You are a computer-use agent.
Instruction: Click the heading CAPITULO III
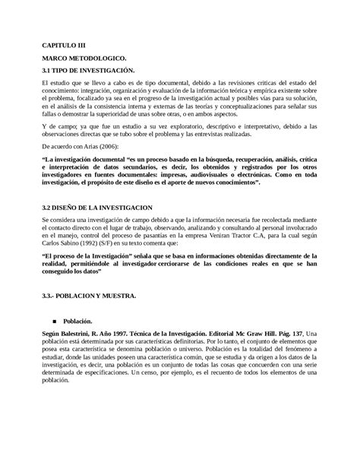(x=64, y=46)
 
